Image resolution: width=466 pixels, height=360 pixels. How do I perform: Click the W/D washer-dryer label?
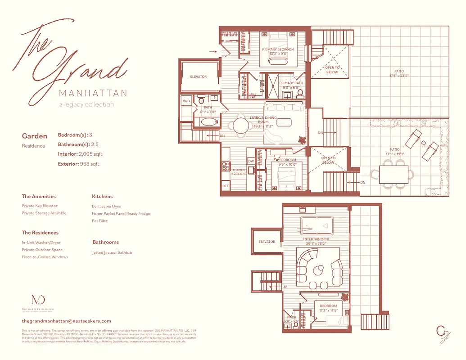coord(186,102)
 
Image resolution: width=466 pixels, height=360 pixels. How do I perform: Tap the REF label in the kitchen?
coord(226,186)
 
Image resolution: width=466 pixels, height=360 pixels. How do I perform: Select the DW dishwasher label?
coord(250,161)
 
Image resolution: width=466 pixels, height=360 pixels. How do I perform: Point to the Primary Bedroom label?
coord(278,49)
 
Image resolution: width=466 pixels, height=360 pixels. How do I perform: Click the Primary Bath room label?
coord(291,83)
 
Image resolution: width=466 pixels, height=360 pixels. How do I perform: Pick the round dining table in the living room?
coord(242,126)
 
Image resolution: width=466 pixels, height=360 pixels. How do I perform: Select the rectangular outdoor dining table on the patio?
coord(394,174)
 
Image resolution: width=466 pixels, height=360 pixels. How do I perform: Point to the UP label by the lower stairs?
coord(285,287)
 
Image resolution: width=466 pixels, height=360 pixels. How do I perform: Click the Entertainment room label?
coord(316,239)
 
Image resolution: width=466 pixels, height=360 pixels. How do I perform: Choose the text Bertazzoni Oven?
coord(106,206)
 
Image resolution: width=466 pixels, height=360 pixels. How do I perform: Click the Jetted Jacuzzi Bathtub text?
coord(112,253)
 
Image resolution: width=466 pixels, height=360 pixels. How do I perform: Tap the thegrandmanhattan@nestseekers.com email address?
coord(66,321)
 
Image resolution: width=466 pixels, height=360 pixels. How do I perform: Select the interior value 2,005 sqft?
coord(89,154)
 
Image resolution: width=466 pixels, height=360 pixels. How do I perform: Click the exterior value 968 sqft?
coord(89,164)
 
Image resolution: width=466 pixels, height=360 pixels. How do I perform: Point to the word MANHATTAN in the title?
coord(93,93)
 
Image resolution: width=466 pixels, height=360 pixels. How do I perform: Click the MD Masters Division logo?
coord(38,300)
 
